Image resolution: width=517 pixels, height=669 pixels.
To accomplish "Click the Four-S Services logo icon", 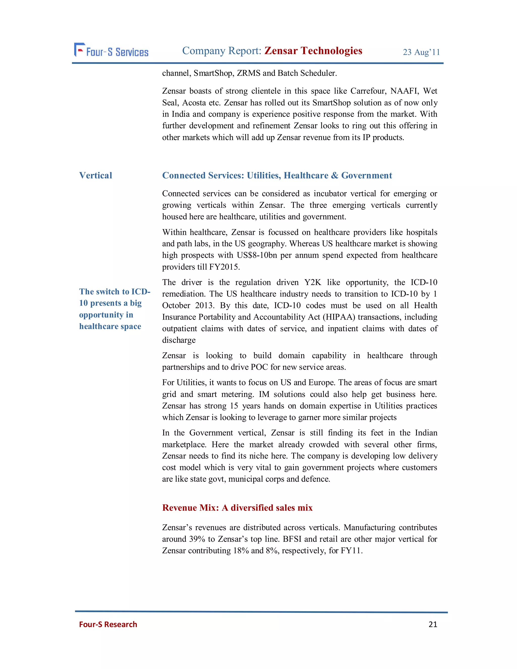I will point(79,50).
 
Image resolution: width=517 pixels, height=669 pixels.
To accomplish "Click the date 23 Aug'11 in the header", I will point(421,52).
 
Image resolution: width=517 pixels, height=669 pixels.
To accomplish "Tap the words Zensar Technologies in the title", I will point(313,50).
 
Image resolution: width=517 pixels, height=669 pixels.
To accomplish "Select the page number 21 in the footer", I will point(433,624).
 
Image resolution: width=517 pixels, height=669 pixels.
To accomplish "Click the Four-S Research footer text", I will point(108,624).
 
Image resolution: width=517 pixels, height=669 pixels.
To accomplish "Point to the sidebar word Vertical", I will point(96,175).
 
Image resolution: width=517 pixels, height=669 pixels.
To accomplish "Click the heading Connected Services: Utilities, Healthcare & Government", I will point(277,175).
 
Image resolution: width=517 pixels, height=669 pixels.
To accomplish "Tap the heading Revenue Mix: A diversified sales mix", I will point(237,508).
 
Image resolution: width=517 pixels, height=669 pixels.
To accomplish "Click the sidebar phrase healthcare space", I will point(110,326).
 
